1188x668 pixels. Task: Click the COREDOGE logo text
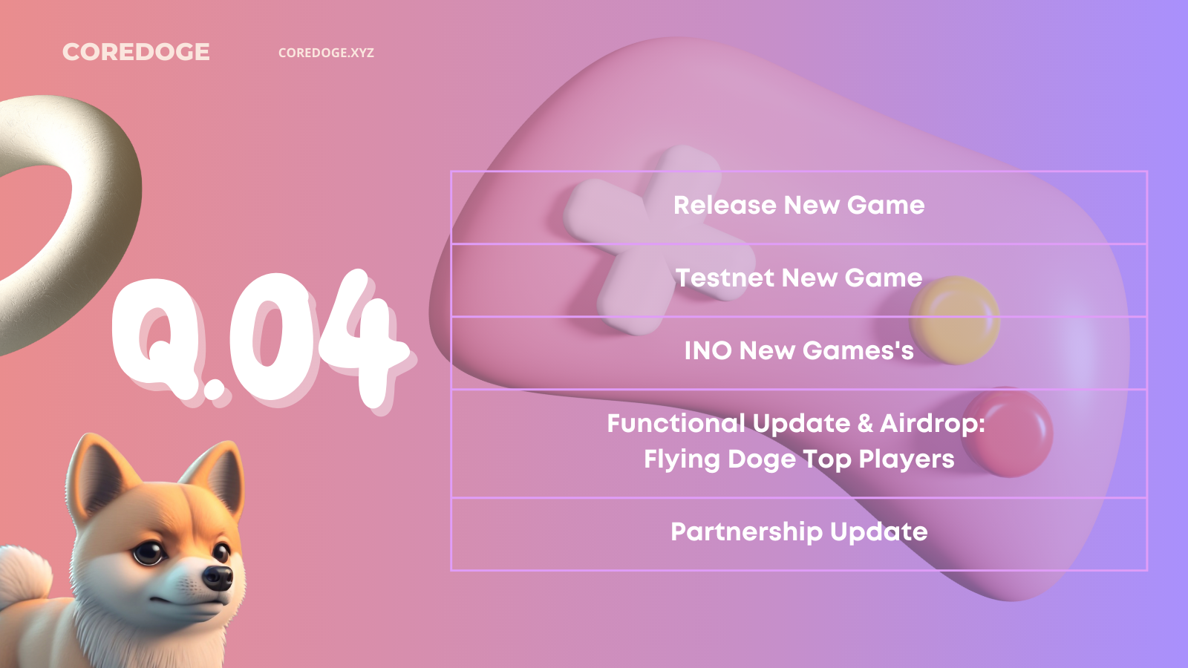[x=136, y=52]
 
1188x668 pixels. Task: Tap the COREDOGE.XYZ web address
[x=326, y=53]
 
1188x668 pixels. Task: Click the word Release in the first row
[x=725, y=205]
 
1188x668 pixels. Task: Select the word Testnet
[x=724, y=278]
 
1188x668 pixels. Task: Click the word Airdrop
[x=933, y=424]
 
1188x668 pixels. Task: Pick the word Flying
[x=682, y=460]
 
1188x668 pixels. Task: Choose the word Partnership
[x=746, y=532]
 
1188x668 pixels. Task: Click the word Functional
[x=676, y=423]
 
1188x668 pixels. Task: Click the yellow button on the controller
[x=955, y=320]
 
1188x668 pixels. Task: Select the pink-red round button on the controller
[x=1007, y=432]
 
